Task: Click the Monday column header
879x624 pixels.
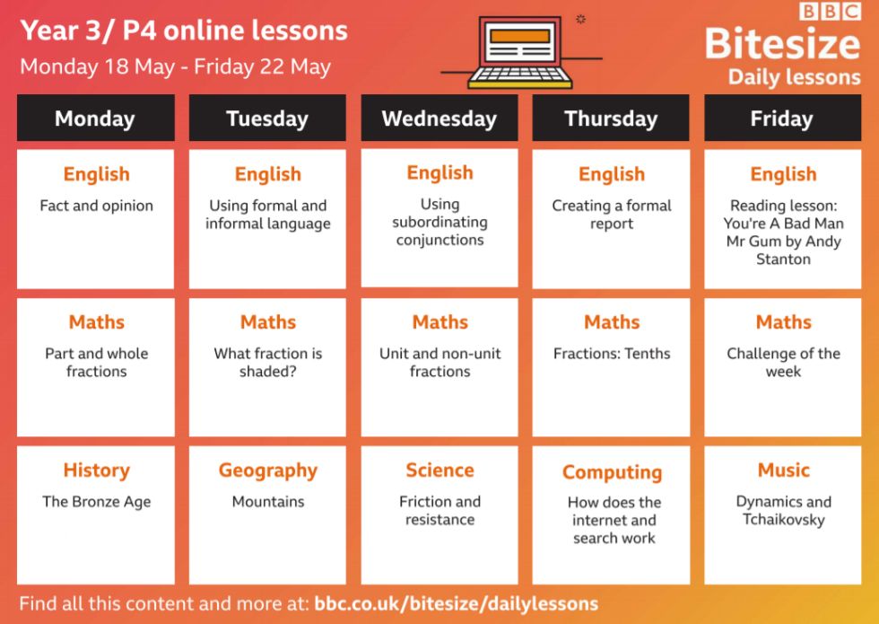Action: (95, 118)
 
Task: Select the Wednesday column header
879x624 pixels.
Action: (439, 118)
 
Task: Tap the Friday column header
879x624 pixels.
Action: (782, 118)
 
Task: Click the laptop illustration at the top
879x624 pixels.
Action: (520, 52)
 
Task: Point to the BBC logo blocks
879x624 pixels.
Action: (831, 12)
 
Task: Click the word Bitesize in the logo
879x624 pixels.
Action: (782, 44)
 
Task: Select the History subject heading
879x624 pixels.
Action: (97, 470)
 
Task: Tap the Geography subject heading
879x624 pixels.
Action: (268, 470)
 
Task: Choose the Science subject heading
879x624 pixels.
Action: (440, 470)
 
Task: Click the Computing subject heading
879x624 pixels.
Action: (612, 472)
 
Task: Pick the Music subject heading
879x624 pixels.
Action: (784, 470)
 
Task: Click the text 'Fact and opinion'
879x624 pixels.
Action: (97, 206)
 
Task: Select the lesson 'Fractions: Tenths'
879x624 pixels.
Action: (612, 354)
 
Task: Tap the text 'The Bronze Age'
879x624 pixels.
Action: (97, 502)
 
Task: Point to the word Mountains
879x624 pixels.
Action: (268, 501)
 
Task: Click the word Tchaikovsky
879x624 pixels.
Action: (784, 520)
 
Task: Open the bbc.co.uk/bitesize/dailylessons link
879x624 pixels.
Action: (457, 603)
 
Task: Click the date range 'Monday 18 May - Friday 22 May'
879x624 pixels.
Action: (176, 66)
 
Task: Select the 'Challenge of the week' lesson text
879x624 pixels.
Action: (784, 362)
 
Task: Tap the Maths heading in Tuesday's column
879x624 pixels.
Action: (268, 322)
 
